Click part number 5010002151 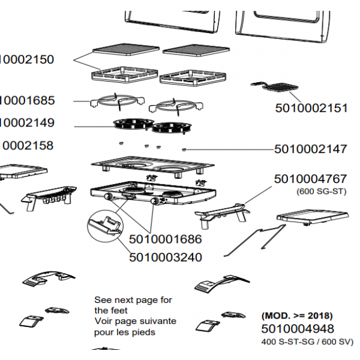coord(311,109)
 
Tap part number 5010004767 coord(310,179)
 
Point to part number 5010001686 coord(165,239)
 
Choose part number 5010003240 coord(165,257)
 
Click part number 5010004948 coord(298,329)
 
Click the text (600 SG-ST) coord(322,191)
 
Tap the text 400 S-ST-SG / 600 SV coord(307,341)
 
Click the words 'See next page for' coord(133,299)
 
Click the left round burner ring coord(131,124)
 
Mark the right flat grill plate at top coord(196,50)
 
